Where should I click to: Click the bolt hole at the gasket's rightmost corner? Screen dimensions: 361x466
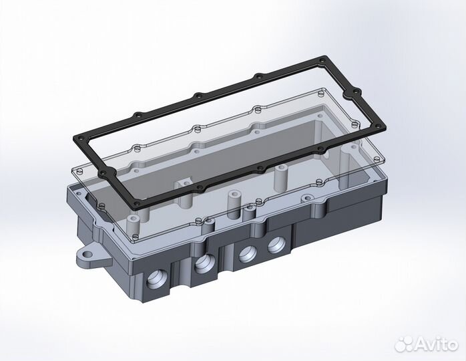click(381, 127)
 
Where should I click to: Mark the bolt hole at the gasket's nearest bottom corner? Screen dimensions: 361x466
click(138, 201)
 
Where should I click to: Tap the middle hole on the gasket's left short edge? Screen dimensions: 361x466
click(103, 172)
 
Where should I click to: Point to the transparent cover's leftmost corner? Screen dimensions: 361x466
click(73, 172)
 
